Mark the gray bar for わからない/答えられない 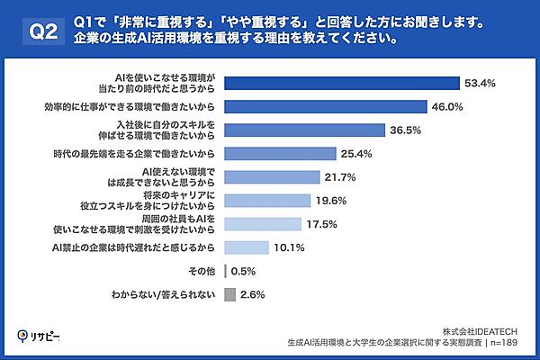click(229, 294)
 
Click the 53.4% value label click(480, 84)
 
